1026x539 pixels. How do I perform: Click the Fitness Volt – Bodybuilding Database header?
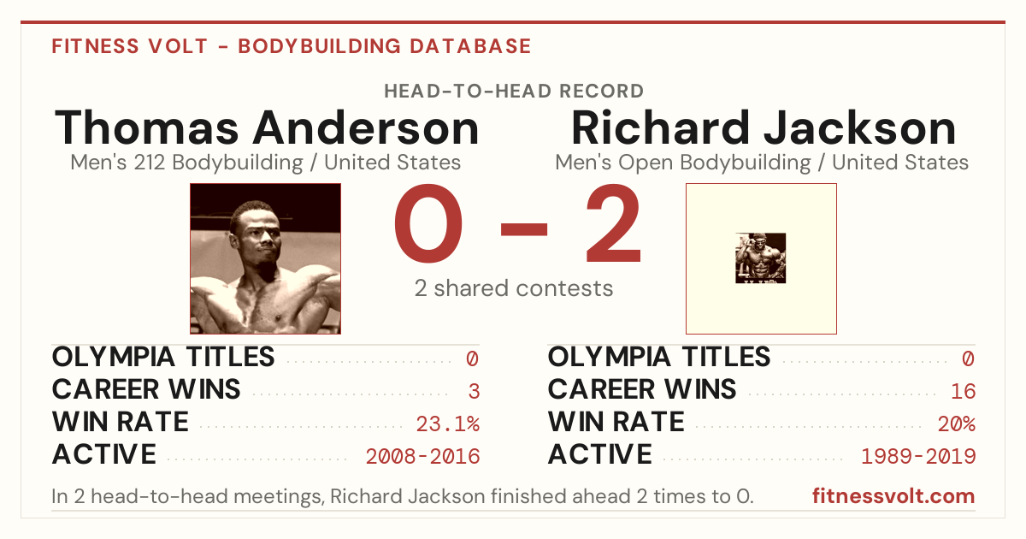pyautogui.click(x=292, y=46)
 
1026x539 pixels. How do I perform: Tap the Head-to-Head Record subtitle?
pyautogui.click(x=514, y=92)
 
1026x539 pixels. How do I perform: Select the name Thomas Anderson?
pyautogui.click(x=267, y=127)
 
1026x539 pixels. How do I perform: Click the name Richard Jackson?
pyautogui.click(x=764, y=127)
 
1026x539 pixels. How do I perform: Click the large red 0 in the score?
pyautogui.click(x=428, y=223)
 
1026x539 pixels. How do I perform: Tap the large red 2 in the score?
pyautogui.click(x=613, y=223)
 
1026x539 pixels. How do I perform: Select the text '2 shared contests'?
pyautogui.click(x=514, y=288)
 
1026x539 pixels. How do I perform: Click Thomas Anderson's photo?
pyautogui.click(x=265, y=258)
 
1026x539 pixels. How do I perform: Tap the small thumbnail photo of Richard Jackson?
pyautogui.click(x=760, y=258)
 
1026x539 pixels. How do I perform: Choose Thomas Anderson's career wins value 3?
pyautogui.click(x=474, y=392)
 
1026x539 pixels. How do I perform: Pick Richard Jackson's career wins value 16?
pyautogui.click(x=964, y=392)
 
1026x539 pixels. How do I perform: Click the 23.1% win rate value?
pyautogui.click(x=447, y=424)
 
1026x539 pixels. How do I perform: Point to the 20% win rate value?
pyautogui.click(x=957, y=424)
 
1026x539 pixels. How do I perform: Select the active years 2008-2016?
pyautogui.click(x=422, y=457)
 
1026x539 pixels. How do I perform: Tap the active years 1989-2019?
pyautogui.click(x=918, y=457)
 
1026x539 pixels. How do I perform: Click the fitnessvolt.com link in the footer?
pyautogui.click(x=893, y=496)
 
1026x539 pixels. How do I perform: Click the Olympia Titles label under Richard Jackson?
pyautogui.click(x=658, y=357)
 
